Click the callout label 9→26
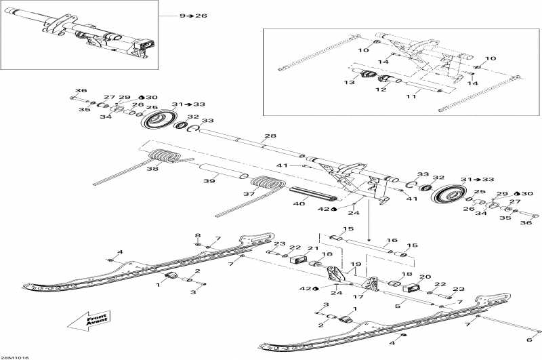(193, 16)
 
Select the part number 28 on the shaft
(270, 136)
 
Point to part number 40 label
(299, 203)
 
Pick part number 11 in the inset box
(411, 96)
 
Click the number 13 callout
(350, 82)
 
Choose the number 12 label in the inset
(381, 89)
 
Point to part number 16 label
(392, 240)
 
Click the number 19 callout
(356, 264)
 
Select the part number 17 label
(358, 296)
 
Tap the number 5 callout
(398, 306)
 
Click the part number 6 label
(529, 340)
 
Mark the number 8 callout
(198, 235)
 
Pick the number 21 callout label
(313, 248)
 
